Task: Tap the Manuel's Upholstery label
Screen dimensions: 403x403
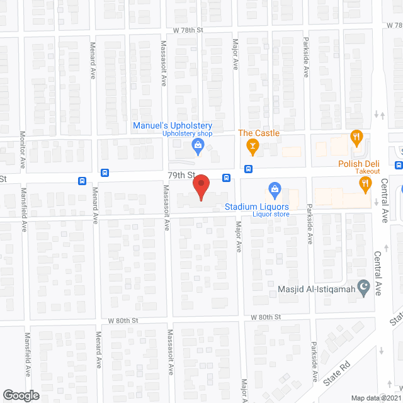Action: pos(172,126)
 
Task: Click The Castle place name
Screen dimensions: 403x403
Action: pos(258,133)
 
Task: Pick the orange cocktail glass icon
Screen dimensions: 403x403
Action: pos(253,147)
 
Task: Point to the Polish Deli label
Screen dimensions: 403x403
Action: pos(358,164)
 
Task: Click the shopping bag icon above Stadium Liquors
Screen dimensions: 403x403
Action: pos(275,188)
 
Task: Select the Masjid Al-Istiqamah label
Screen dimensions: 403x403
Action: pos(315,290)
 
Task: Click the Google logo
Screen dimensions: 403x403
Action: pos(20,395)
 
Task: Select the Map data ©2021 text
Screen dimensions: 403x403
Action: pos(376,398)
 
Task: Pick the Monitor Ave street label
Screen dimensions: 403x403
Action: pos(22,150)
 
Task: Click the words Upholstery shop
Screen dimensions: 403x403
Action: pos(188,134)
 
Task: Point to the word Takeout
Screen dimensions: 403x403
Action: pos(366,171)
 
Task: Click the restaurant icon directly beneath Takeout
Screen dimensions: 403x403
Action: pos(364,184)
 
